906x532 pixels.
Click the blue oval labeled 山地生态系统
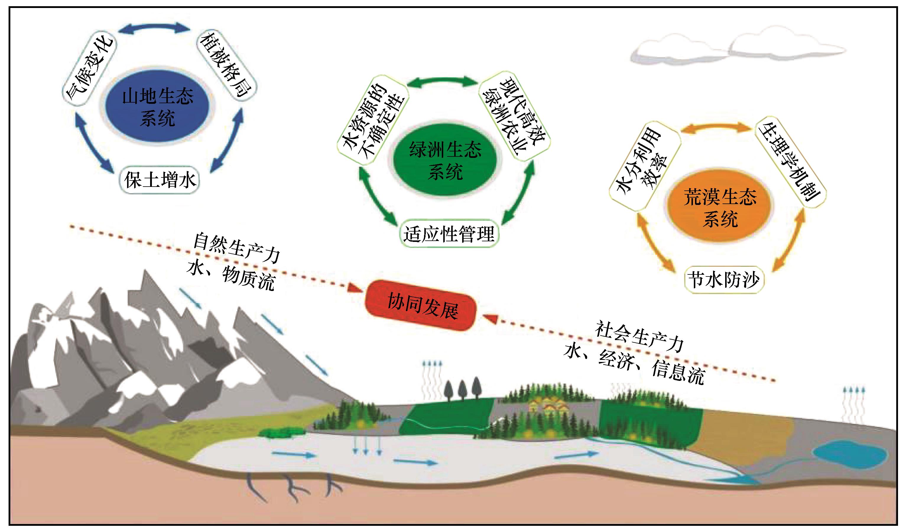(158, 107)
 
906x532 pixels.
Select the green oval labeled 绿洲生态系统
(445, 160)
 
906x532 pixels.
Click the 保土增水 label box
(159, 180)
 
